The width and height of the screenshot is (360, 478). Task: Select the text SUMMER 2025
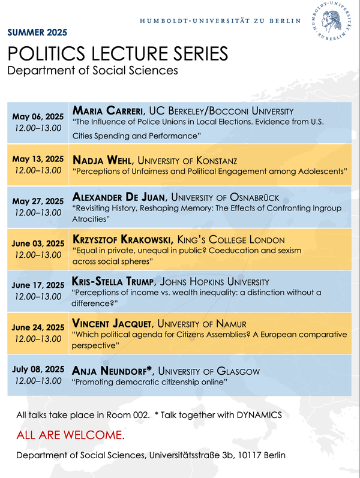[x=37, y=32]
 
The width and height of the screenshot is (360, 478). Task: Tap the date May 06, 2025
[x=38, y=117]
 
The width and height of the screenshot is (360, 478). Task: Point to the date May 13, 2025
[x=38, y=159]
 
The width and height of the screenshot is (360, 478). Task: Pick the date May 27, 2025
[x=38, y=201]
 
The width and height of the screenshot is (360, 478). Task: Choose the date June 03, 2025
[x=38, y=243]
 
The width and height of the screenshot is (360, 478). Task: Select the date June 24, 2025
[x=38, y=327]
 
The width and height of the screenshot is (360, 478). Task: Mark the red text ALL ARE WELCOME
[x=71, y=435]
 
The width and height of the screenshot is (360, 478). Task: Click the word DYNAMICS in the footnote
[x=256, y=415]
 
